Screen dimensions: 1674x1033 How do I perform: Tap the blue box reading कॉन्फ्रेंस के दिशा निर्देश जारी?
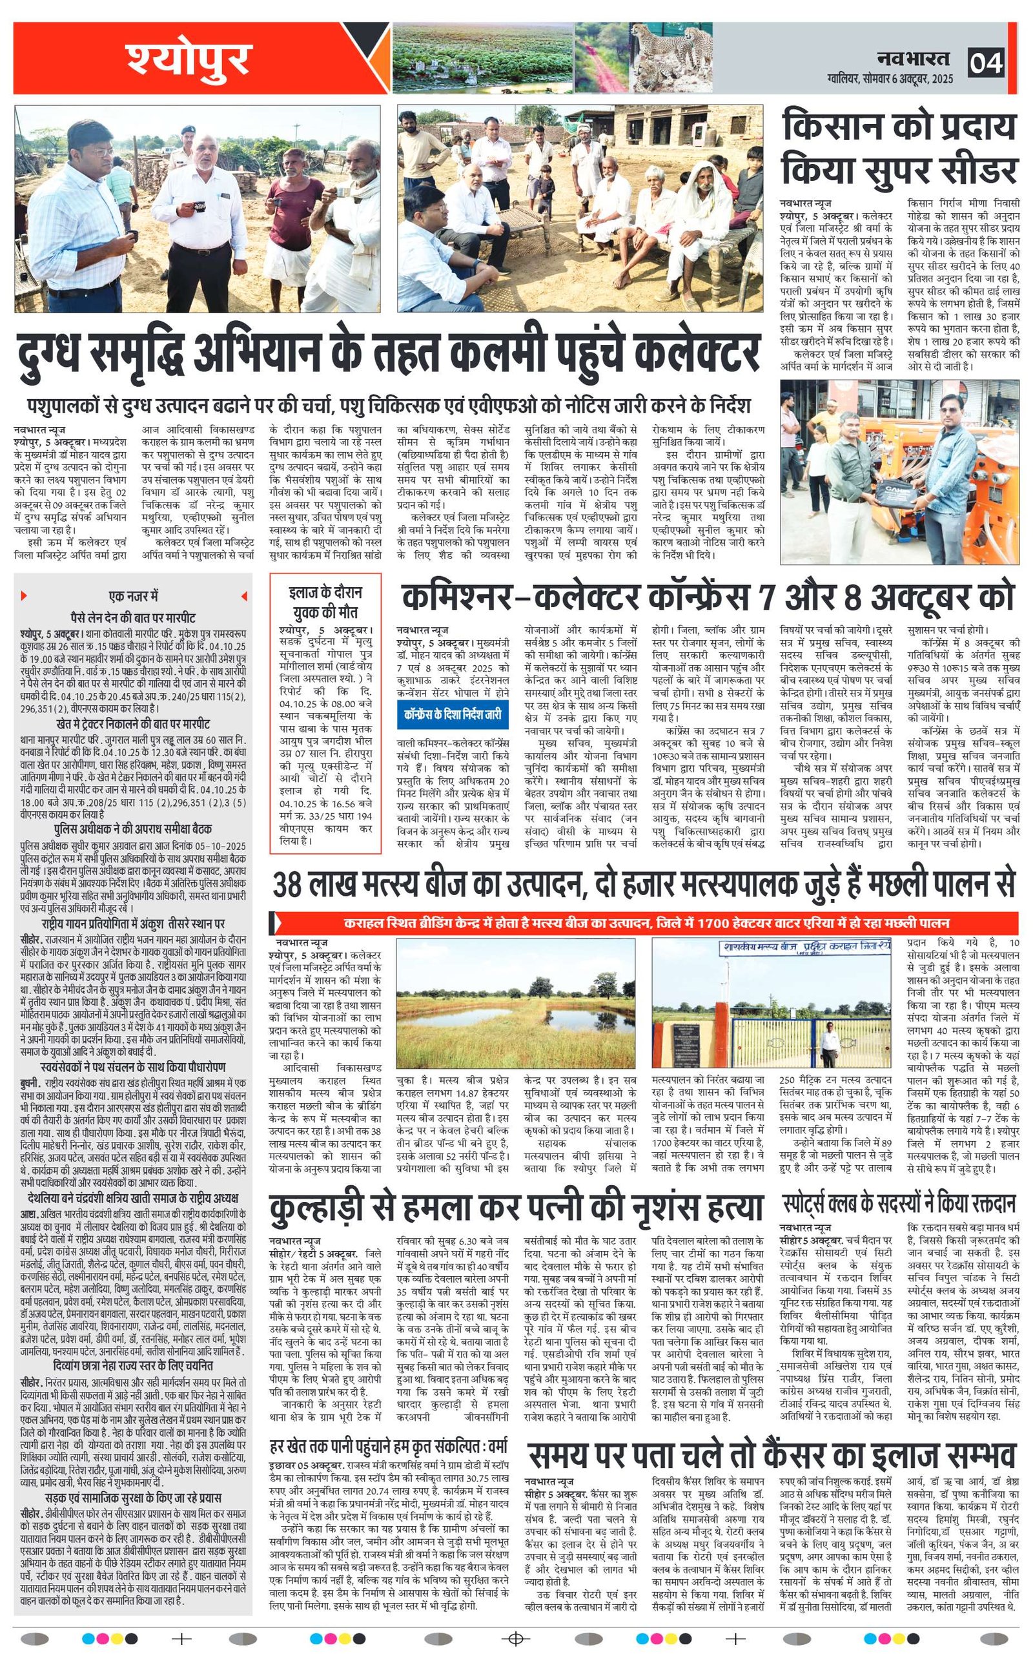(453, 715)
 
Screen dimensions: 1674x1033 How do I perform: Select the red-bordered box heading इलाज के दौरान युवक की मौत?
(325, 602)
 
